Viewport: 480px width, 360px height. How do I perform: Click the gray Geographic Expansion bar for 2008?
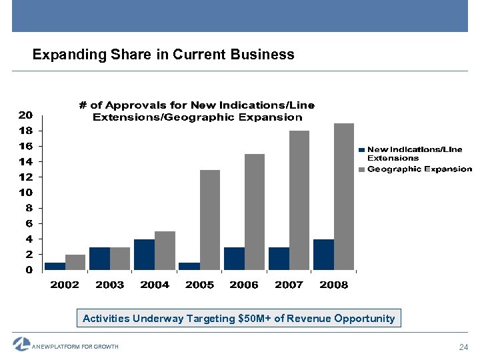(344, 197)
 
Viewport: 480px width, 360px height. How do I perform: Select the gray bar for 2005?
(210, 220)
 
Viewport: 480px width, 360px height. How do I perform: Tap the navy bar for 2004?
(144, 255)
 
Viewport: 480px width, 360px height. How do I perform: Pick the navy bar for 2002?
(55, 266)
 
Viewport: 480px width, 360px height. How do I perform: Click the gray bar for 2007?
(299, 200)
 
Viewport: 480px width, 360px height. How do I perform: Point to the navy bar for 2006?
(234, 259)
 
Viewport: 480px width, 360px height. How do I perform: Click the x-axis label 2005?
(199, 285)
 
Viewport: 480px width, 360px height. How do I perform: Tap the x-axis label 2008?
(334, 285)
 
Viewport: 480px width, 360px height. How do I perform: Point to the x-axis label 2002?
(65, 285)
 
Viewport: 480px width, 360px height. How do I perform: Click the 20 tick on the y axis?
(25, 115)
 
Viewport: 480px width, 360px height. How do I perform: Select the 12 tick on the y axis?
(25, 177)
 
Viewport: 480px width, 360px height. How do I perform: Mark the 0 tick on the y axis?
(29, 270)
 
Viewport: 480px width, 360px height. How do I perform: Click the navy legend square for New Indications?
(362, 150)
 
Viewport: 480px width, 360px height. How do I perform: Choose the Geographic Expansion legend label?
(419, 169)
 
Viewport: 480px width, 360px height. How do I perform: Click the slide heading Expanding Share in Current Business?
(163, 55)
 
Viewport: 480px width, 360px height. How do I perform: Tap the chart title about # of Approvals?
(197, 111)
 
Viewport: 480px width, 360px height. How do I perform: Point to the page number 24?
(465, 347)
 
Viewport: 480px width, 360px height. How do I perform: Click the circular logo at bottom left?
(21, 344)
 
